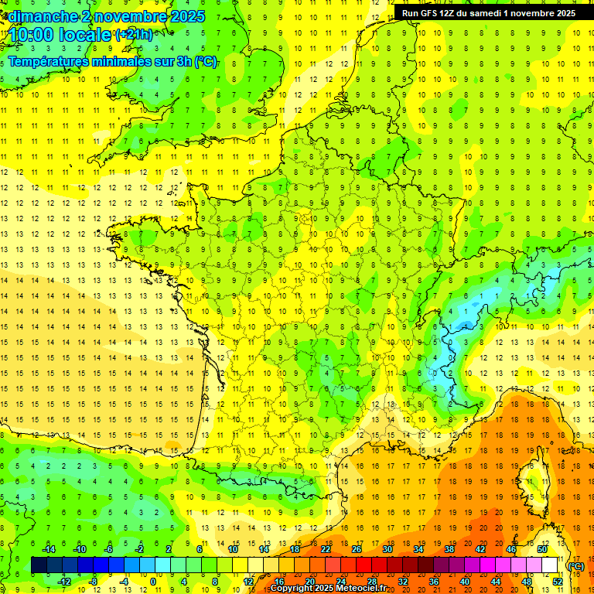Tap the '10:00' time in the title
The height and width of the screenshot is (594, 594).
(30, 35)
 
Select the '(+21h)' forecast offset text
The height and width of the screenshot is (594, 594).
(134, 34)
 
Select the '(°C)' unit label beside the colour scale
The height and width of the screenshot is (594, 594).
(576, 566)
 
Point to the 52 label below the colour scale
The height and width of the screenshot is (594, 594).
(558, 582)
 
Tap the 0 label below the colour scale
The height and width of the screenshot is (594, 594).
(153, 582)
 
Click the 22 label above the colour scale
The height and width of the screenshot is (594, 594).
(326, 549)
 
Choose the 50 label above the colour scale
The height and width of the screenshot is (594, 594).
(542, 549)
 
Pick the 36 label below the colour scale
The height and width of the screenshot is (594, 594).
(434, 582)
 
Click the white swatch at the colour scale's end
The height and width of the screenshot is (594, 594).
(550, 565)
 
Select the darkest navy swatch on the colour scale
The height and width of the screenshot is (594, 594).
(39, 565)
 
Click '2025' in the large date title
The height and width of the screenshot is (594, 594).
(187, 16)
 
